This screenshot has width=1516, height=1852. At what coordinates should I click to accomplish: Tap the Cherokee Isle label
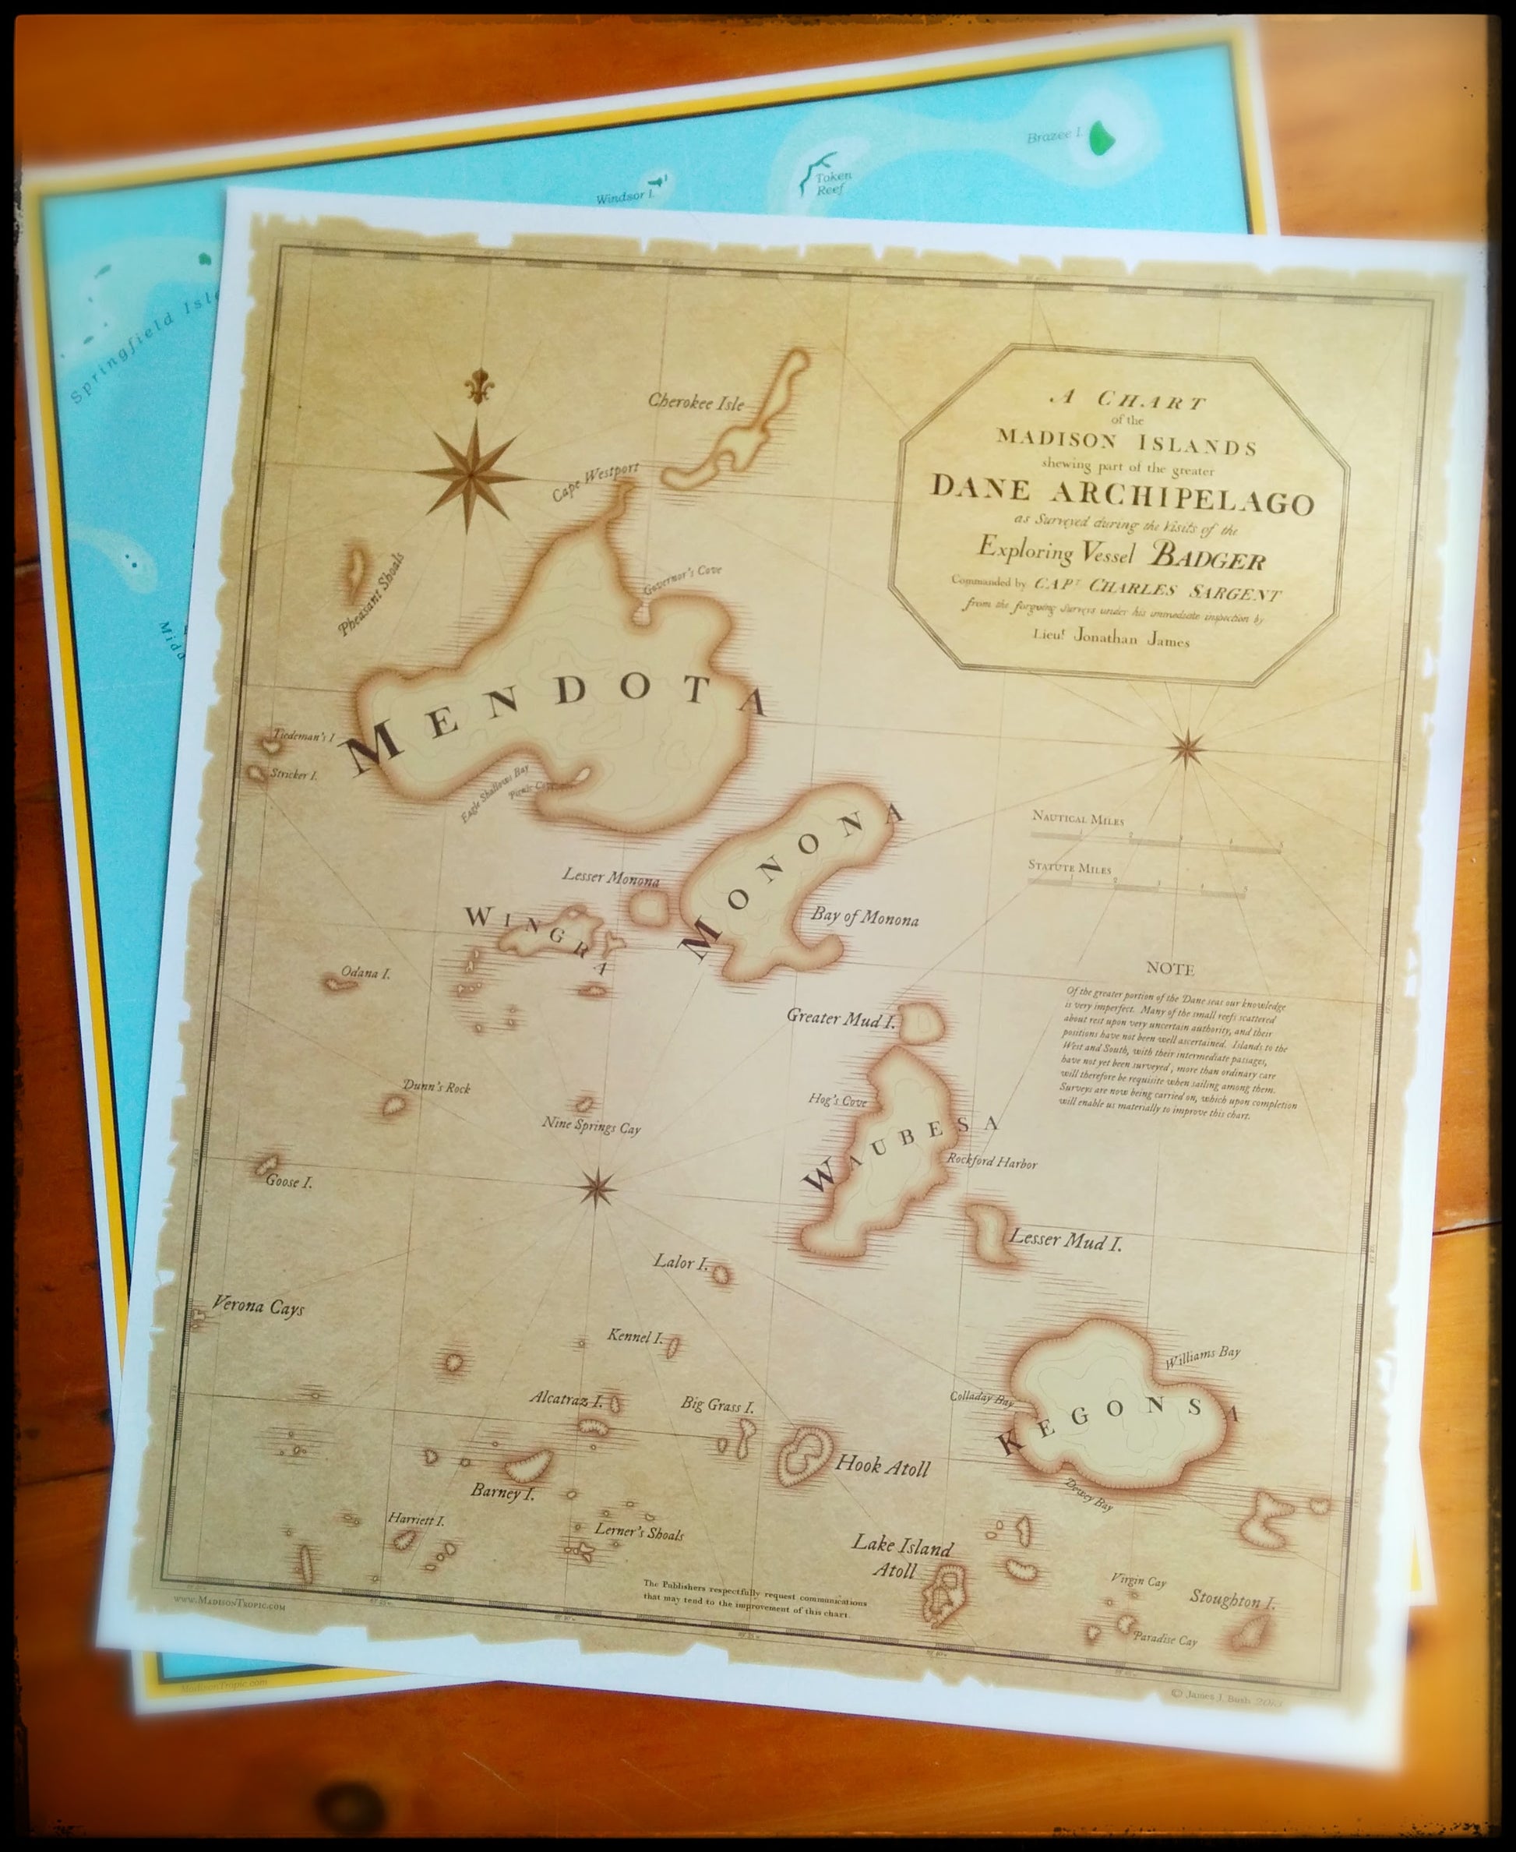pos(696,403)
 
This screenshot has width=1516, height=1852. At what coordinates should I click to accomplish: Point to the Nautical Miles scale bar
pos(1155,841)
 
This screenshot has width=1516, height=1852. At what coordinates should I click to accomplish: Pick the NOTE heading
pos(1170,968)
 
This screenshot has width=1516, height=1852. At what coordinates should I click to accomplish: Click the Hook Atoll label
pos(883,1466)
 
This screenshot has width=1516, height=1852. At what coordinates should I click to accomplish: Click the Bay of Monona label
pos(864,917)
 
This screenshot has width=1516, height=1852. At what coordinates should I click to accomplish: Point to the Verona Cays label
pos(259,1308)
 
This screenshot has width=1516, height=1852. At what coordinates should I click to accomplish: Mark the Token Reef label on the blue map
pos(832,182)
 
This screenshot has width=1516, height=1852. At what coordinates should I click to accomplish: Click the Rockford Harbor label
pos(992,1163)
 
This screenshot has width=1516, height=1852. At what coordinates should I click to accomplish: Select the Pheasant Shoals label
pos(373,595)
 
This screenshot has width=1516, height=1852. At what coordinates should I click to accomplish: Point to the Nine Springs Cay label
pos(591,1127)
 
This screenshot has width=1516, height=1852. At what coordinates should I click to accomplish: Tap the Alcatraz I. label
pos(566,1399)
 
